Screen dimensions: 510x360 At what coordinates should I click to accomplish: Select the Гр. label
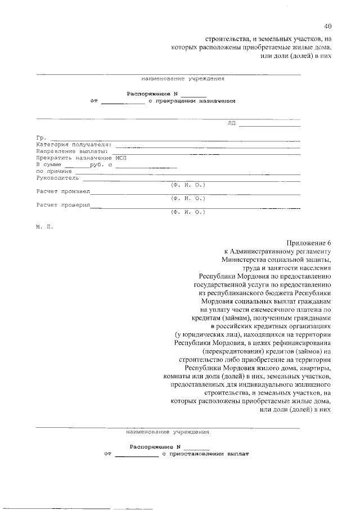41,138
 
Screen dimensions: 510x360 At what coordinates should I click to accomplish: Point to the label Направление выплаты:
71,151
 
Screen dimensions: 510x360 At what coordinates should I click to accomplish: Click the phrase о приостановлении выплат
205,453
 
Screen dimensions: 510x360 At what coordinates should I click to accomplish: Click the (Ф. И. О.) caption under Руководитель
188,185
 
